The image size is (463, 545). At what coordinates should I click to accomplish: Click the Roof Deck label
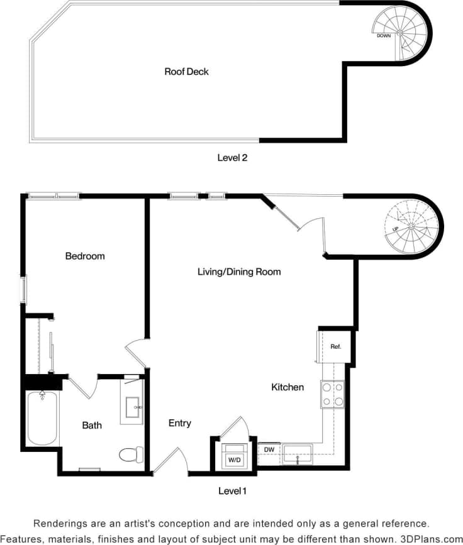point(186,72)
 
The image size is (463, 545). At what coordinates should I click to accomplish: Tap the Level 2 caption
point(232,158)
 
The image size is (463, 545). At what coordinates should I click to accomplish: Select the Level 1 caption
point(232,490)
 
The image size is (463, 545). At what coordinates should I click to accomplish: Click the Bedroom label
point(85,256)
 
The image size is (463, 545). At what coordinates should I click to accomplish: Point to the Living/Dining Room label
point(239,272)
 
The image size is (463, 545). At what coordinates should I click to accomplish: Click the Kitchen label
point(287,387)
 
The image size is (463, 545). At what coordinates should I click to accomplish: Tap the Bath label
point(92,426)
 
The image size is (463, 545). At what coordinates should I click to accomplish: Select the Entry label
point(180,424)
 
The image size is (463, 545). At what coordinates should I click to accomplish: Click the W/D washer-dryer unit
point(234,459)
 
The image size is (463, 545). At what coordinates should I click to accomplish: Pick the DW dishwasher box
point(269,451)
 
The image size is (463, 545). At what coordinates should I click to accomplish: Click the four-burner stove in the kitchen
point(333,395)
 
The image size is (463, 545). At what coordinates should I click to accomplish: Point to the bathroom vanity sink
point(133,407)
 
